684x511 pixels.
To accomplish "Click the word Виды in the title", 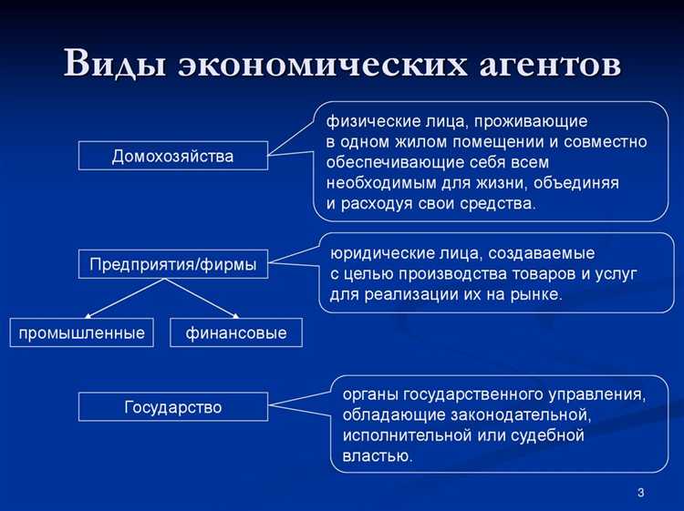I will point(116,65).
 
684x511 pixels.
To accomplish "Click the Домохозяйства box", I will point(172,156).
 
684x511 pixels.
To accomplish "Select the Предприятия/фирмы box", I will point(172,264).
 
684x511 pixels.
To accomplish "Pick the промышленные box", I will point(82,332).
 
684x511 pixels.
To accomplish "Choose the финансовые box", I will point(236,332).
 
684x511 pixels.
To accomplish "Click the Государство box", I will point(172,406).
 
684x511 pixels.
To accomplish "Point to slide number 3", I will point(640,493).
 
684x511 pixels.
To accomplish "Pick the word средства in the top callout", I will point(499,203).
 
